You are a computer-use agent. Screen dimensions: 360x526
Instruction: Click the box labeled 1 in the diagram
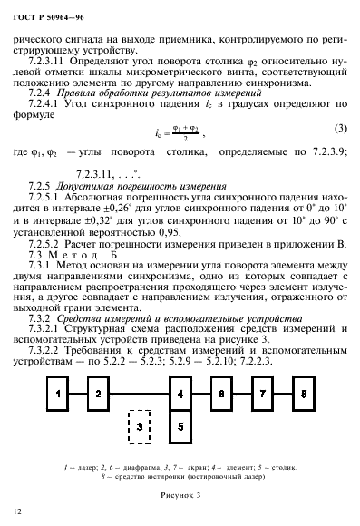point(57,369)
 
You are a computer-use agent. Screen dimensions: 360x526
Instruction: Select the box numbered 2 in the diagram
point(98,369)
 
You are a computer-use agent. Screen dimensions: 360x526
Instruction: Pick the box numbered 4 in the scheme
point(180,369)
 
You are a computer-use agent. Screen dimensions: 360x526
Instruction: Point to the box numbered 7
point(263,369)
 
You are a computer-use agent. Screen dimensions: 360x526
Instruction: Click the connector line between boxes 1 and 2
point(77,369)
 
